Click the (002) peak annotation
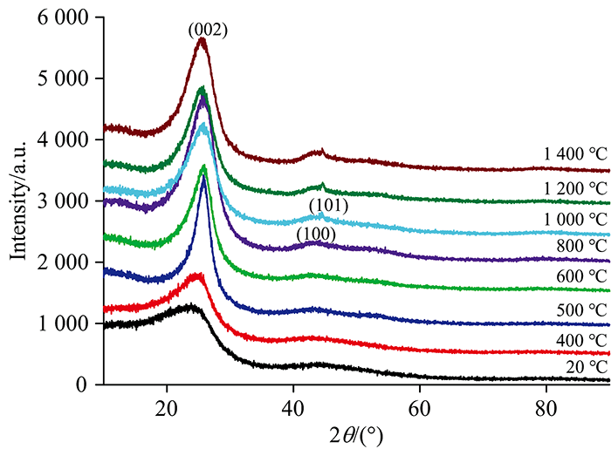(208, 31)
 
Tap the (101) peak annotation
(329, 207)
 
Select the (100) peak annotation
(316, 234)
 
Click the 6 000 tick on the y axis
(66, 17)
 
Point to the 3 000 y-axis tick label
(66, 201)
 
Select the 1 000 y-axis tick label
(66, 323)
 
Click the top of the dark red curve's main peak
(202, 39)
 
